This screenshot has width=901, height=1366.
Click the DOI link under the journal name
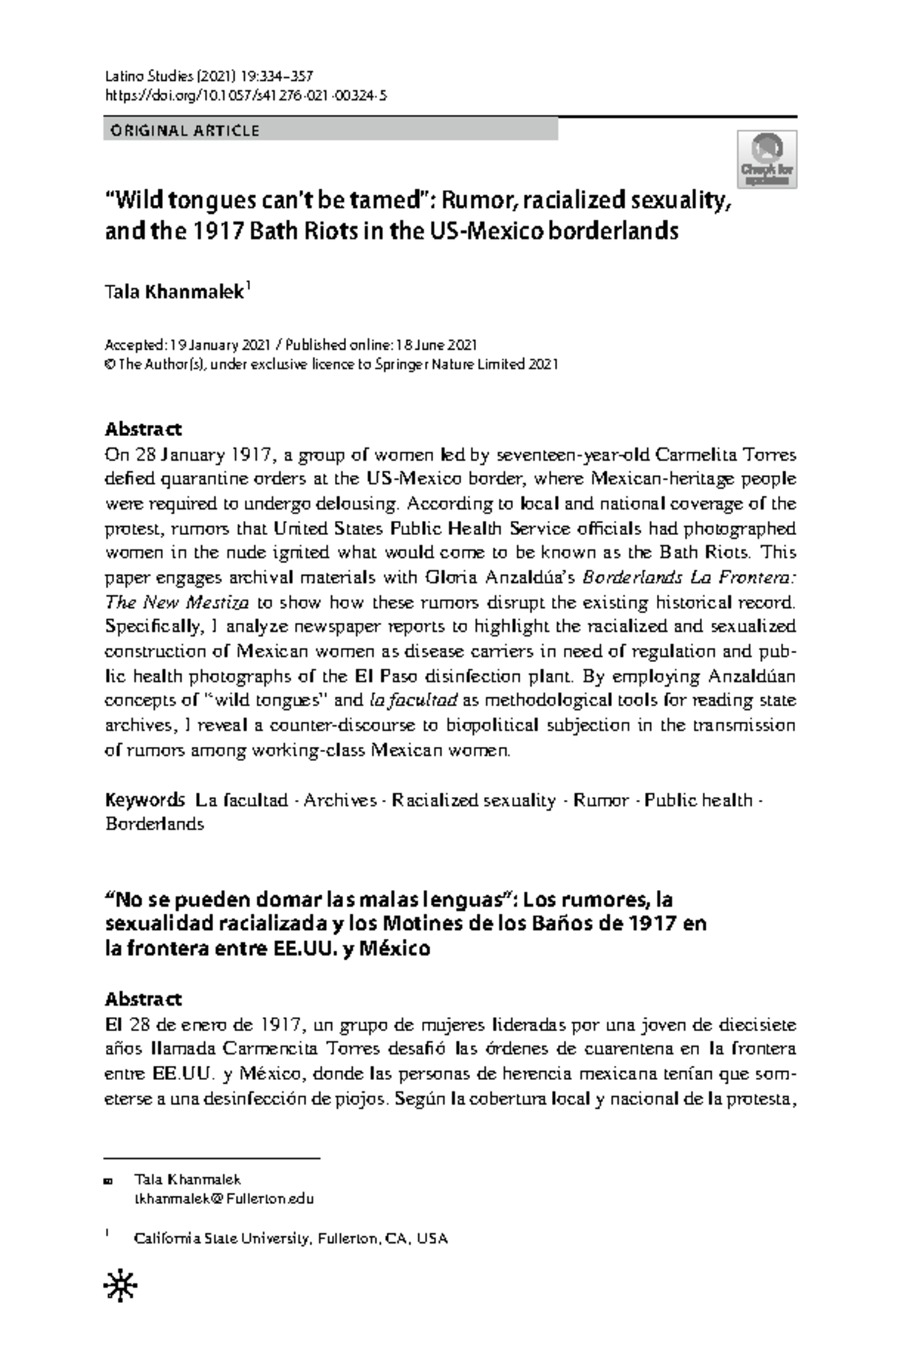[246, 95]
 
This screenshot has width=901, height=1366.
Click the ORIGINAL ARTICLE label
[185, 131]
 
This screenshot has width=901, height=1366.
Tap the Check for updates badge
[768, 160]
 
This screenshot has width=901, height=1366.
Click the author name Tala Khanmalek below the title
[174, 292]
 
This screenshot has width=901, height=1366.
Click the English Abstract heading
[143, 430]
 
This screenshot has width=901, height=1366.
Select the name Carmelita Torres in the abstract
[725, 455]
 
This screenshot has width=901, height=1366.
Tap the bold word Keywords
[145, 800]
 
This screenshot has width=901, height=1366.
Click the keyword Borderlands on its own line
[154, 824]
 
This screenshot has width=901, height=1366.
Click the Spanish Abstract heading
[143, 1000]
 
